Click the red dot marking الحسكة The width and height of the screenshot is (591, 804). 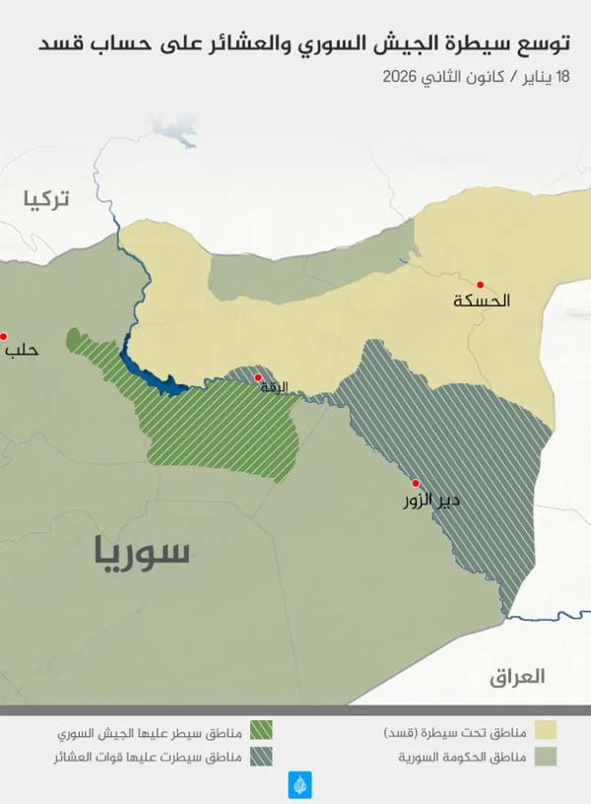[481, 284]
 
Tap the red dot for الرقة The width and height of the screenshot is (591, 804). [258, 377]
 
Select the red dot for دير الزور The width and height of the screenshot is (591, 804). [416, 483]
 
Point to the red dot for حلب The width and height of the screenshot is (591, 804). [3, 336]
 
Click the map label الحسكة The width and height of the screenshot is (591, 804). [482, 301]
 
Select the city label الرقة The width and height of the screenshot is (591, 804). [273, 386]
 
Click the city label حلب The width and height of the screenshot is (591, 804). [22, 349]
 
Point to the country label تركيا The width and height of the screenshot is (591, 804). [47, 200]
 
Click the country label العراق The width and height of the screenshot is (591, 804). [517, 677]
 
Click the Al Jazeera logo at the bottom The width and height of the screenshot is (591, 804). [299, 784]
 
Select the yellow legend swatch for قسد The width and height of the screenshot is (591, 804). [545, 731]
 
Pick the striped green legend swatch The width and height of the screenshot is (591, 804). [260, 731]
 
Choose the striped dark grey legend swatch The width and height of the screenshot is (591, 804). [260, 757]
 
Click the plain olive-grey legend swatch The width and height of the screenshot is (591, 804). [545, 757]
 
